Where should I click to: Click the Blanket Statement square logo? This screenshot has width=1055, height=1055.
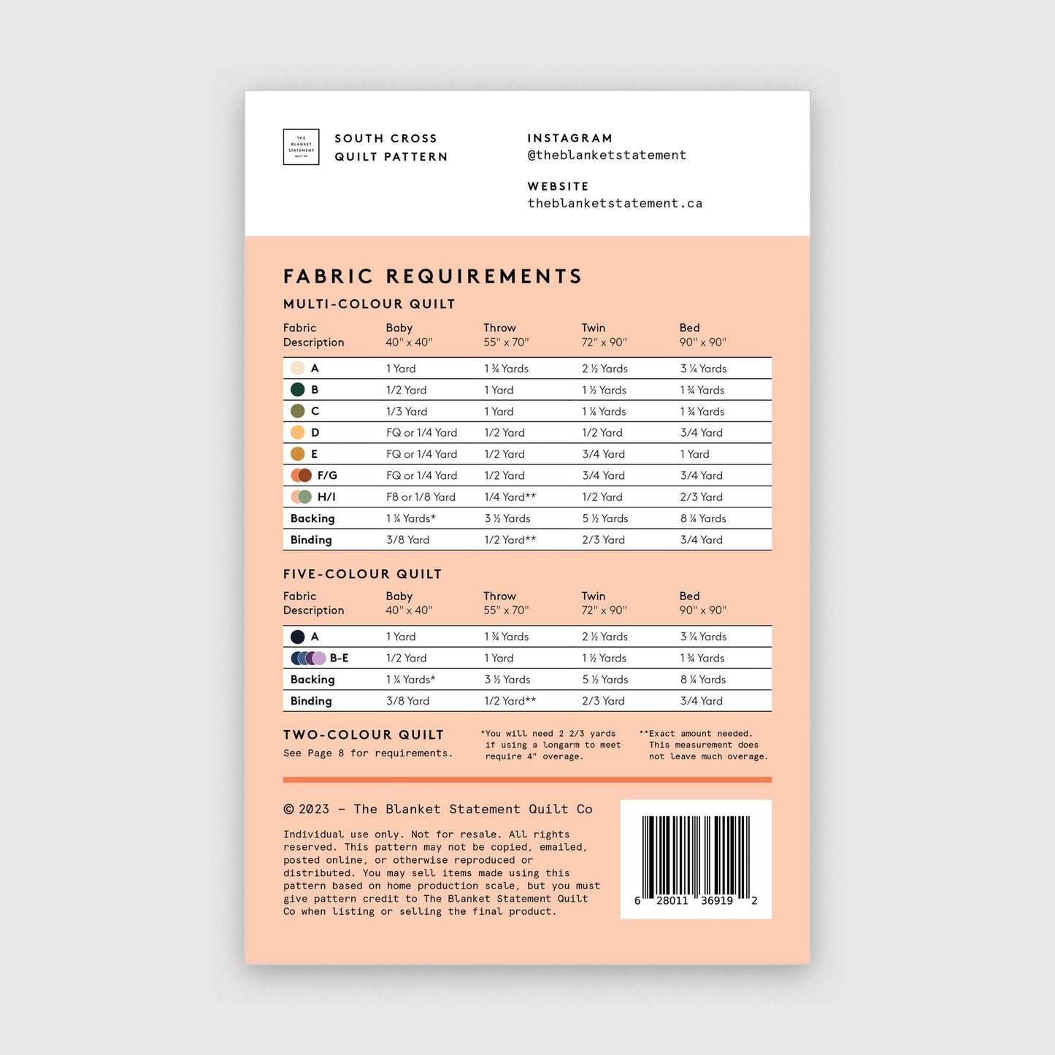pyautogui.click(x=301, y=147)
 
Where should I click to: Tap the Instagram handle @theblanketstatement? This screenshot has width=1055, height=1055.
pyautogui.click(x=607, y=156)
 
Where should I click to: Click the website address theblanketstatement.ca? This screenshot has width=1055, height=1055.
pyautogui.click(x=615, y=204)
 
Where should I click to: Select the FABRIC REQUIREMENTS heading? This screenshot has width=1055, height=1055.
pyautogui.click(x=432, y=277)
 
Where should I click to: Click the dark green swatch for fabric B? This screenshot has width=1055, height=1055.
pyautogui.click(x=298, y=390)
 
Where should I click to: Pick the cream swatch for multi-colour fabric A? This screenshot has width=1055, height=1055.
pyautogui.click(x=298, y=369)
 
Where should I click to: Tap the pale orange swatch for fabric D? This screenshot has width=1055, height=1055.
pyautogui.click(x=298, y=432)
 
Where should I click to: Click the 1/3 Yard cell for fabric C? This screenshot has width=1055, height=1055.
pyautogui.click(x=407, y=412)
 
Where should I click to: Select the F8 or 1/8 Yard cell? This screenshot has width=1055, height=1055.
pyautogui.click(x=421, y=497)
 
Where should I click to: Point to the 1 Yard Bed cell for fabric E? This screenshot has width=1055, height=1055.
pyautogui.click(x=694, y=454)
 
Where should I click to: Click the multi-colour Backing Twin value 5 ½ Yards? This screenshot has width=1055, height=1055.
pyautogui.click(x=605, y=518)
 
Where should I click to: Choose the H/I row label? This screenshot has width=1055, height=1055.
pyautogui.click(x=326, y=497)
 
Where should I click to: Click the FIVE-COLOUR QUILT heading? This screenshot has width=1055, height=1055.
pyautogui.click(x=362, y=575)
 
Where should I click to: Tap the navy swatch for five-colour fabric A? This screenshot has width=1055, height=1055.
pyautogui.click(x=298, y=637)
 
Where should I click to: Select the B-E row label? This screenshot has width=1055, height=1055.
pyautogui.click(x=339, y=659)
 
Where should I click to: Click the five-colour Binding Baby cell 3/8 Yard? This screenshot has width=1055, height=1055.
pyautogui.click(x=407, y=701)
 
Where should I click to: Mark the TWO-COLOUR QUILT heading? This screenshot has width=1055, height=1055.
pyautogui.click(x=364, y=735)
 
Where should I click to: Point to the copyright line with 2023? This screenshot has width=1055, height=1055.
pyautogui.click(x=437, y=809)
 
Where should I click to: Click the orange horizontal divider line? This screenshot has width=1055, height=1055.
pyautogui.click(x=527, y=780)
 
